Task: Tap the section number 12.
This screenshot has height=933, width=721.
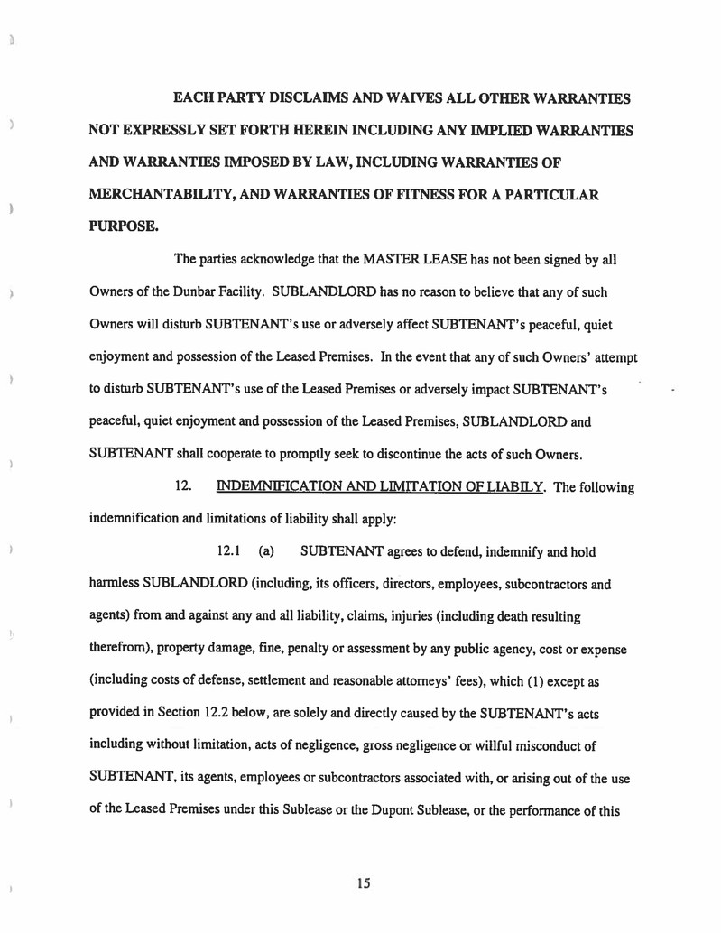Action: point(183,487)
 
